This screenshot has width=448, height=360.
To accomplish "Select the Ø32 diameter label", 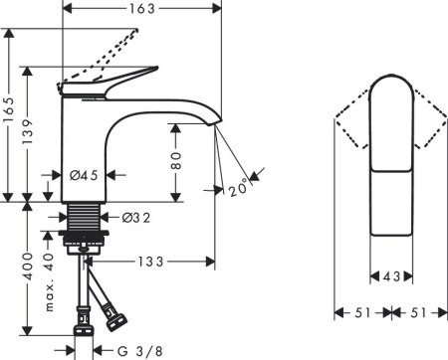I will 135,218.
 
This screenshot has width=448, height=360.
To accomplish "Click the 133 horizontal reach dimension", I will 150,263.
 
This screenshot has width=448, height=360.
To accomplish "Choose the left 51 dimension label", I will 361,312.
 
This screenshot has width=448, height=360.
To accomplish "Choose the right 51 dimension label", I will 417,312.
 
